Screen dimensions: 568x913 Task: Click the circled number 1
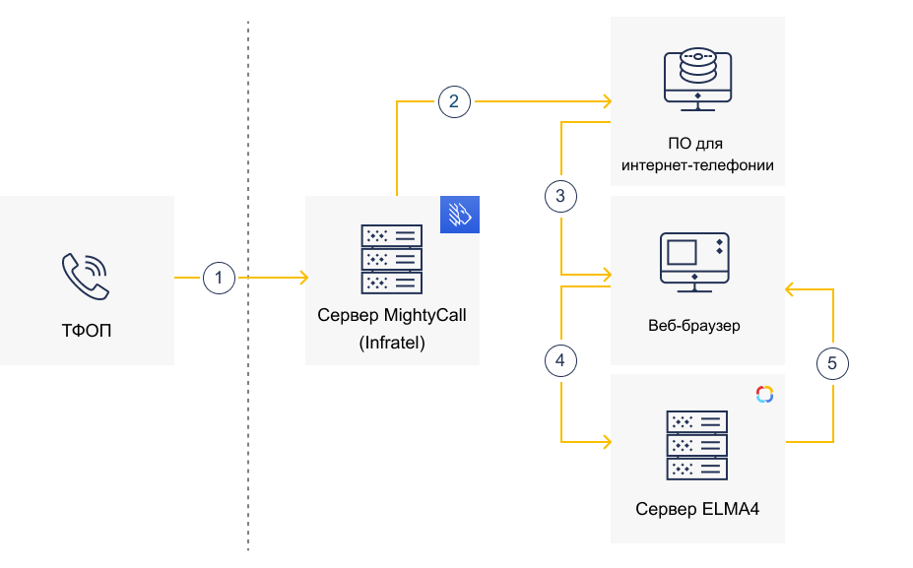[219, 279]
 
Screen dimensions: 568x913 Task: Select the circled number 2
[454, 100]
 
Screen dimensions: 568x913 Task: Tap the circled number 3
[560, 196]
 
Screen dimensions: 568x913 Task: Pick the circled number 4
[560, 361]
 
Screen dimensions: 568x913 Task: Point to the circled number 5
[833, 363]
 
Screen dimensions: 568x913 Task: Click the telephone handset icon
[86, 276]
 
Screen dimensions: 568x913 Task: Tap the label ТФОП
[87, 330]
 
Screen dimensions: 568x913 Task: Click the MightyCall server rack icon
[392, 259]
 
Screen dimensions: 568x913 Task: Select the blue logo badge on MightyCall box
[460, 215]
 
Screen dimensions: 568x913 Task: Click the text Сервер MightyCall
[392, 316]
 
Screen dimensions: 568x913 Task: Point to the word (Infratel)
[392, 344]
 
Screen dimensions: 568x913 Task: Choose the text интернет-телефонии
[697, 165]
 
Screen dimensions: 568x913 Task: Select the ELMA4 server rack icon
[697, 445]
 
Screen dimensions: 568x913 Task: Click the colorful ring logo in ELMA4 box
[765, 394]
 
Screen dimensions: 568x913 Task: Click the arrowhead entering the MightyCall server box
[301, 279]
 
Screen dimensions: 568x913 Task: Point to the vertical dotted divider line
[248, 443]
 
